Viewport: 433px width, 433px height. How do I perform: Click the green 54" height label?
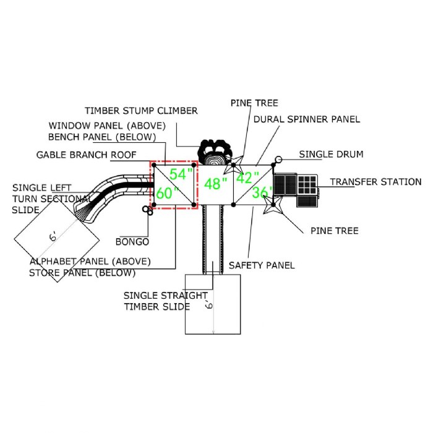pyautogui.click(x=181, y=174)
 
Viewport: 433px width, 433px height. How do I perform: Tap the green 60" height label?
pyautogui.click(x=168, y=193)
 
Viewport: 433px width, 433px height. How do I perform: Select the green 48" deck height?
pyautogui.click(x=216, y=184)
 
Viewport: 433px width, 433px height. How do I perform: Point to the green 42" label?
pyautogui.click(x=247, y=178)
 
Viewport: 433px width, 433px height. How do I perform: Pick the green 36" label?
pyautogui.click(x=262, y=192)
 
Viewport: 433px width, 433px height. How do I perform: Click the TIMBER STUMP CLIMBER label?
pyautogui.click(x=141, y=111)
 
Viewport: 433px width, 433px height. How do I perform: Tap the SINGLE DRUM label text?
pyautogui.click(x=331, y=155)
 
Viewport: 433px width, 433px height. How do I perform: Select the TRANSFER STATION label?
pyautogui.click(x=376, y=182)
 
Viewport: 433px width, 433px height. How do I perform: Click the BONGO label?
pyautogui.click(x=132, y=242)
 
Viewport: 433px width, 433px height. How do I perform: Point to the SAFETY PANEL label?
pyautogui.click(x=262, y=265)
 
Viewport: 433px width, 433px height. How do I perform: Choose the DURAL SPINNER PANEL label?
pyautogui.click(x=307, y=119)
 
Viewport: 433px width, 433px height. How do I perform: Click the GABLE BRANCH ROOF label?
pyautogui.click(x=87, y=155)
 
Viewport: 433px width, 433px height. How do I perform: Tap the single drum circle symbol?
pyautogui.click(x=278, y=160)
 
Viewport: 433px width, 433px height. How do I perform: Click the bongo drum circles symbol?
pyautogui.click(x=147, y=210)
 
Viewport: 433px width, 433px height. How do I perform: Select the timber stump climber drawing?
pyautogui.click(x=215, y=152)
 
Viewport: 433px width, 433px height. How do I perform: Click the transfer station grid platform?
pyautogui.click(x=307, y=184)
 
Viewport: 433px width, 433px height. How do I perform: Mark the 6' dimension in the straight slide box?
pyautogui.click(x=209, y=304)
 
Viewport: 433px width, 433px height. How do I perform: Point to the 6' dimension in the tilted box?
pyautogui.click(x=53, y=237)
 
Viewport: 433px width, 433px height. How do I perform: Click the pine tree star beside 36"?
pyautogui.click(x=272, y=204)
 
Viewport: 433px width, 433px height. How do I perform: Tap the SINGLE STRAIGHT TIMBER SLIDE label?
pyautogui.click(x=166, y=301)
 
